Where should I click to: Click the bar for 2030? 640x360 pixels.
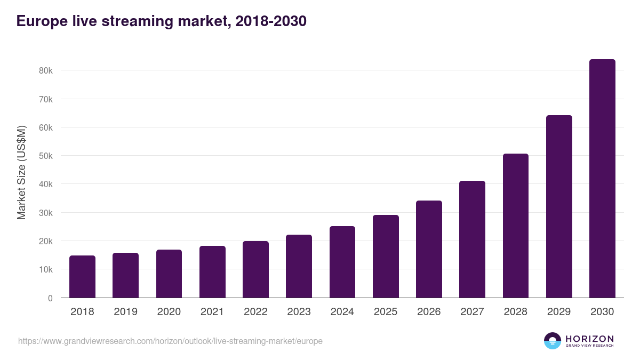click(602, 179)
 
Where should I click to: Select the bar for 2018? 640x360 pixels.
click(82, 277)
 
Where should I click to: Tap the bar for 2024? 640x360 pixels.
click(342, 262)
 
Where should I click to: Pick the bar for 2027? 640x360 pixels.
click(472, 239)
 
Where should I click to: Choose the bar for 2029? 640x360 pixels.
click(559, 206)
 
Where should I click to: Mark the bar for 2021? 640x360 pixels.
click(212, 272)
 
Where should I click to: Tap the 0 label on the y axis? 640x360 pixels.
click(50, 298)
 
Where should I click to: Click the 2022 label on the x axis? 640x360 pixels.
click(255, 312)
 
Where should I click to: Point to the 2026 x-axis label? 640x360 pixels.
click(429, 312)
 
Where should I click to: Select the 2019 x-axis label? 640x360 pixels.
click(125, 312)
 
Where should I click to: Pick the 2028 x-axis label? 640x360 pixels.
click(516, 312)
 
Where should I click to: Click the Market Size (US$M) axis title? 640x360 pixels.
click(21, 173)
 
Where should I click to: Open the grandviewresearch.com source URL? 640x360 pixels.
click(170, 341)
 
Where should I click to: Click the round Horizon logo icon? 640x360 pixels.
click(552, 341)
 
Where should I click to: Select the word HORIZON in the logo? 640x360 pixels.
click(589, 338)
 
